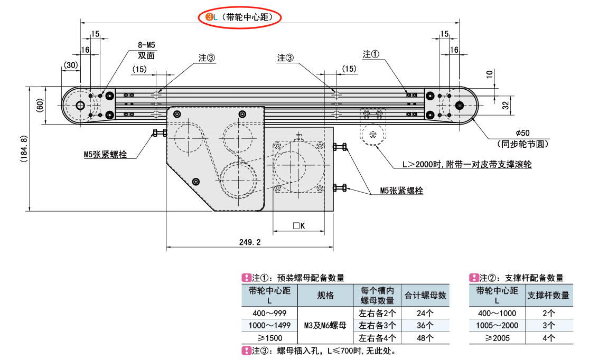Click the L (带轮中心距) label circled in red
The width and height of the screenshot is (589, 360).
tap(240, 17)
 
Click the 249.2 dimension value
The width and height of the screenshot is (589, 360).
tap(250, 242)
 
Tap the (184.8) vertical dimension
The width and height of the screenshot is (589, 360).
tap(21, 149)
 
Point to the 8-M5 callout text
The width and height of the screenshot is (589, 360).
tap(146, 45)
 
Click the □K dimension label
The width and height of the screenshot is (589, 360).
tap(299, 226)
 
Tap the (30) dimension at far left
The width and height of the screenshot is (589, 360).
tap(70, 65)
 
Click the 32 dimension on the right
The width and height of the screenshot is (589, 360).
tap(506, 105)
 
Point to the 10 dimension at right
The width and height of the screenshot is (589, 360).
tap(490, 74)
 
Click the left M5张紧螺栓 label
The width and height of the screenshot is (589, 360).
tap(105, 155)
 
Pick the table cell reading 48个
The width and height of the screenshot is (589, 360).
tap(425, 338)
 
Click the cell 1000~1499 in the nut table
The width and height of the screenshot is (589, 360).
tap(269, 325)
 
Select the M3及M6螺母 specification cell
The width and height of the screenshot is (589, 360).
tap(325, 325)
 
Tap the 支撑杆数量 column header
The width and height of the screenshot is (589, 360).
tap(549, 296)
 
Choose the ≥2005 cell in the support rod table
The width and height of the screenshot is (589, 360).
tap(497, 338)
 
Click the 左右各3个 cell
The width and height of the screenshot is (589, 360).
tap(377, 325)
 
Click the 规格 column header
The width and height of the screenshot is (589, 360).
tap(325, 296)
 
